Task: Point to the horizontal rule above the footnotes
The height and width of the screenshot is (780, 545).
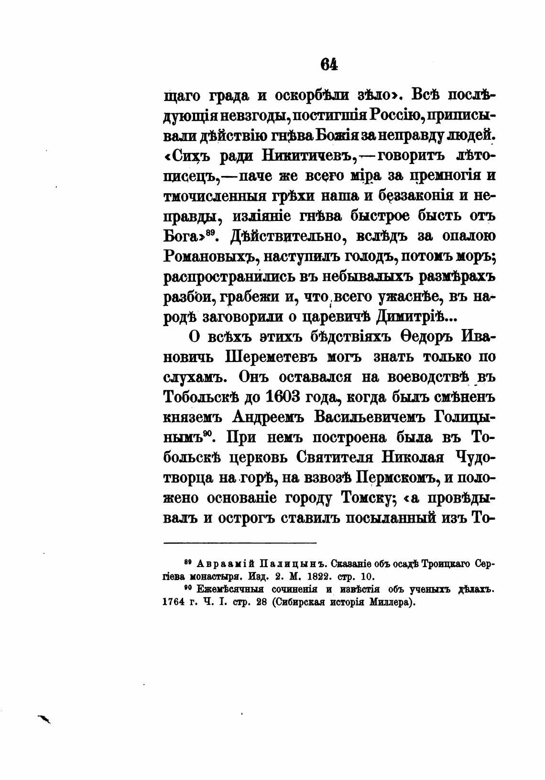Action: click(x=240, y=543)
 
